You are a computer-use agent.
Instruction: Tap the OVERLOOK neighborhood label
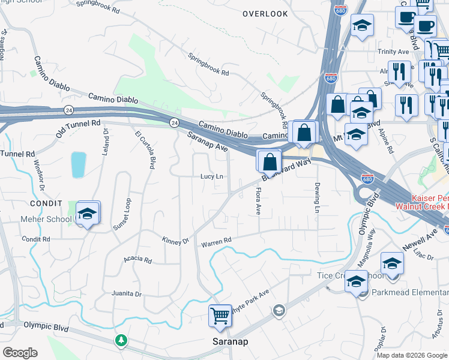coord(265,13)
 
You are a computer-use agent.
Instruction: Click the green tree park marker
coord(122,340)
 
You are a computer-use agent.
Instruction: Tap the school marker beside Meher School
coord(88,214)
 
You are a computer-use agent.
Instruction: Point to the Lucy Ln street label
coord(211,176)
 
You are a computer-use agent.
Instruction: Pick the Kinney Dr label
coord(175,240)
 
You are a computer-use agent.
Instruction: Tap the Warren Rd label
coord(216,242)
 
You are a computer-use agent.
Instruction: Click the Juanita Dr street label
coord(126,294)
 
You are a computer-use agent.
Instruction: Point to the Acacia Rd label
coord(137,259)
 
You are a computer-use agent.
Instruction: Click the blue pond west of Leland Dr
coord(78,164)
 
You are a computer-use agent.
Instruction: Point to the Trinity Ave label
coord(393,52)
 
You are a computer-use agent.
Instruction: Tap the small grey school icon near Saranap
coord(279,310)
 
